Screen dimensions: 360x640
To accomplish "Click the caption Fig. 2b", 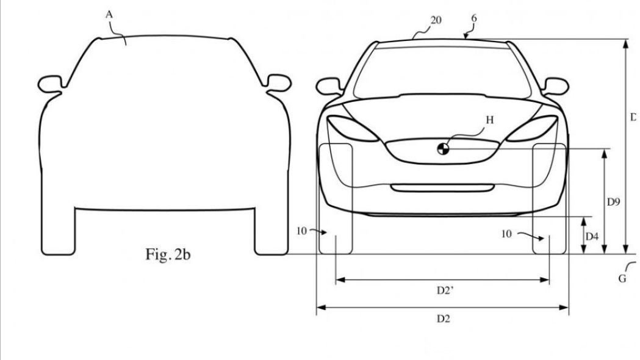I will [168, 254].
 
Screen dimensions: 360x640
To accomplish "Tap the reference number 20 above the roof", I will [436, 20].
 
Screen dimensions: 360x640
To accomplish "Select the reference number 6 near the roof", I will [473, 18].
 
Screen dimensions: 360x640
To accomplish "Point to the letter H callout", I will [489, 120].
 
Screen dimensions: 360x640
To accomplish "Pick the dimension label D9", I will [614, 201].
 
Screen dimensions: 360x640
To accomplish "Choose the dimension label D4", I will [592, 235].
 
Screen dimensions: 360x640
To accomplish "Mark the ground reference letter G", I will [622, 279].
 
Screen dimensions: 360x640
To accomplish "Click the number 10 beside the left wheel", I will [301, 231].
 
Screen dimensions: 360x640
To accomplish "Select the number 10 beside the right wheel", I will [506, 234].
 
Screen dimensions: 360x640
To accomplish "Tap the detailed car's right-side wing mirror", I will [555, 86].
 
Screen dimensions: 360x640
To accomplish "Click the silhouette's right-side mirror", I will [278, 82].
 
